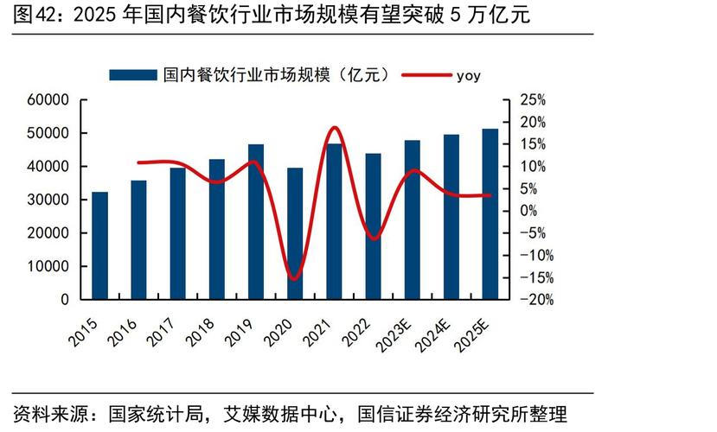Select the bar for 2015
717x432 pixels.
(x=99, y=246)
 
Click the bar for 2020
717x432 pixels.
(x=295, y=234)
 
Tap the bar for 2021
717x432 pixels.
(x=334, y=222)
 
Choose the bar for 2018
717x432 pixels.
(x=217, y=230)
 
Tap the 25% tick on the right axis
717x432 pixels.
(x=532, y=100)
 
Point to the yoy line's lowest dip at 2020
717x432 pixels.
(x=294, y=278)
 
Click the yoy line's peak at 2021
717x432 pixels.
(x=335, y=128)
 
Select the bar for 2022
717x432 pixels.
(x=373, y=226)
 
